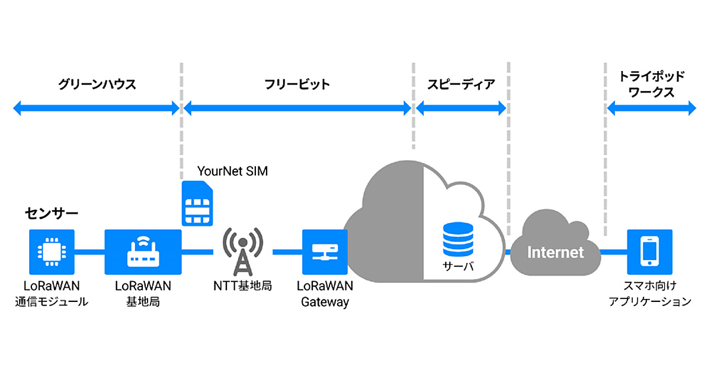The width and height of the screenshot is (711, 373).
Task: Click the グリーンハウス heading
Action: [x=98, y=84]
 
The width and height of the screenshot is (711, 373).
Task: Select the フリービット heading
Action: [x=297, y=84]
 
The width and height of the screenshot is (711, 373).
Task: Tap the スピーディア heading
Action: [x=460, y=84]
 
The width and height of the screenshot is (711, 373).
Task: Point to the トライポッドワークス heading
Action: [x=651, y=84]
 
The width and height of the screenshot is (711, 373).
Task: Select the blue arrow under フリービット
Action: [x=297, y=108]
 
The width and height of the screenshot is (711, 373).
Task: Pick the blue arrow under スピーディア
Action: [x=460, y=108]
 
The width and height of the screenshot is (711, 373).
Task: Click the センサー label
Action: [x=52, y=211]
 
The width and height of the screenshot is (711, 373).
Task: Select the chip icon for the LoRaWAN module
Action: [x=52, y=252]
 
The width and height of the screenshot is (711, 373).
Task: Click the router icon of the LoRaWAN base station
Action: [x=143, y=252]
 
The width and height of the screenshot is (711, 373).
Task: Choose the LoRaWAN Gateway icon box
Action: [x=324, y=252]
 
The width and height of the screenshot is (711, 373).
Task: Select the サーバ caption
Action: [x=459, y=266]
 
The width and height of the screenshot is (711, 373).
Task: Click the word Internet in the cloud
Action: [x=555, y=253]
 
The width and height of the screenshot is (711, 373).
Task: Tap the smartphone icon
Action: [x=650, y=252]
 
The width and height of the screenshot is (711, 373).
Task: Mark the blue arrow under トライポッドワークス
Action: [x=651, y=108]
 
